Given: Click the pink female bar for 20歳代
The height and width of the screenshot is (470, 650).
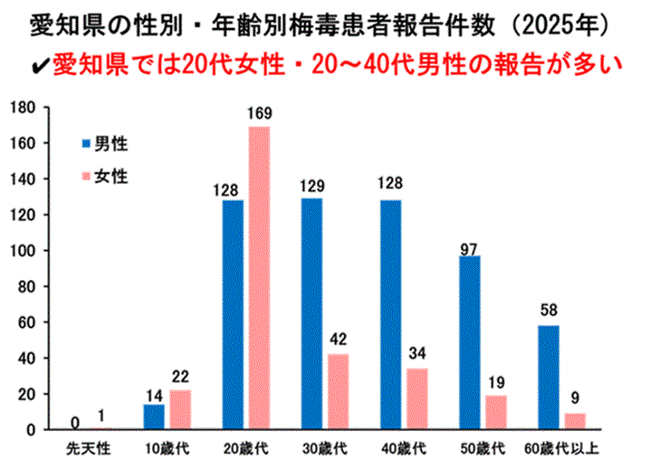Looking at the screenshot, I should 258,278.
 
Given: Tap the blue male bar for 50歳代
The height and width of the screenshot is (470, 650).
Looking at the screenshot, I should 470,342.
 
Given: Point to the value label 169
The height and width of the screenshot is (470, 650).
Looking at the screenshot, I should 259,115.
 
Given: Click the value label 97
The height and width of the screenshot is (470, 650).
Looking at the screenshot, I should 469,245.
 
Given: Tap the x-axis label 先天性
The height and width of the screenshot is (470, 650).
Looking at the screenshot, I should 87,448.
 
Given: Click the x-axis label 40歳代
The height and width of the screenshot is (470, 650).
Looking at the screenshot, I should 403,448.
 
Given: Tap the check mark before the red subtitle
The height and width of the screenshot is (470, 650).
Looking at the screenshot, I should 41,65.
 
